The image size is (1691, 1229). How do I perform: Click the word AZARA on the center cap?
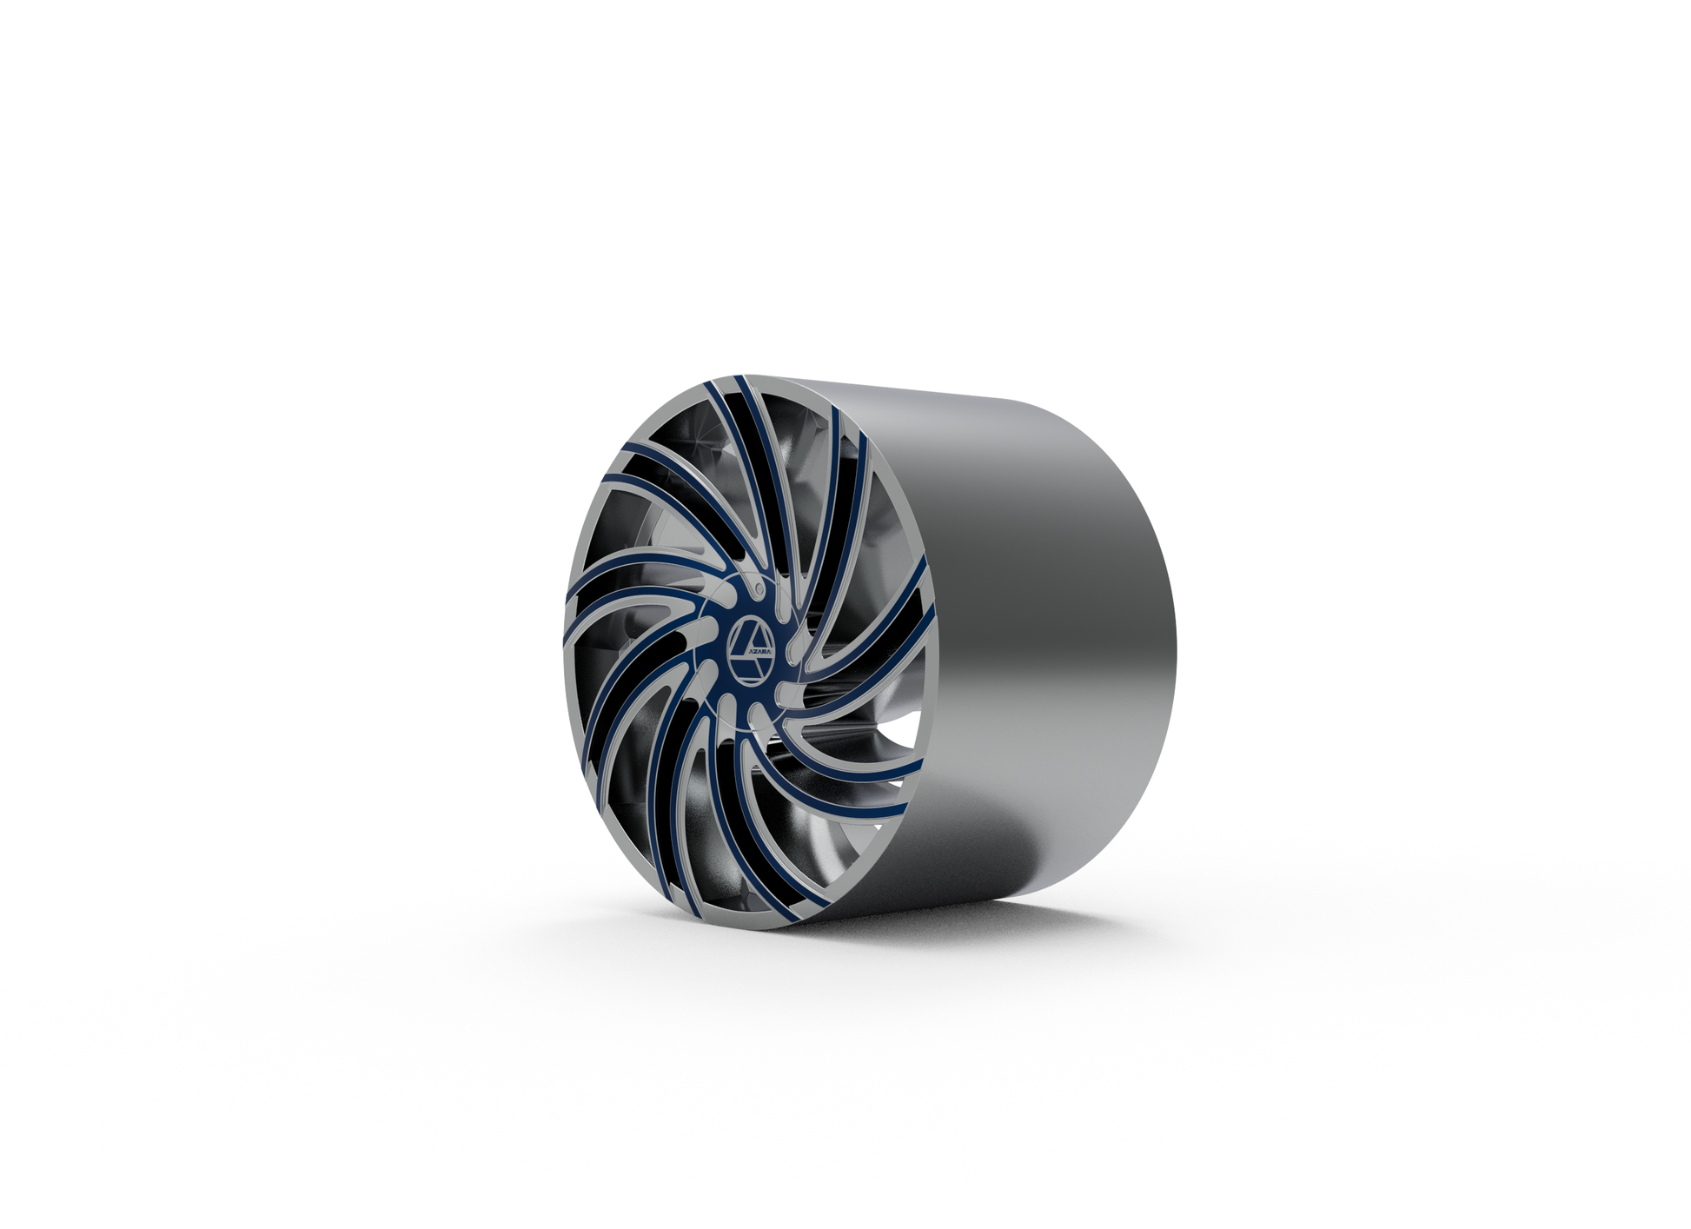tap(759, 652)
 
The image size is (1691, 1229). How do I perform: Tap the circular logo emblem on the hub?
tap(751, 652)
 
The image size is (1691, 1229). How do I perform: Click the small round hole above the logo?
tap(759, 588)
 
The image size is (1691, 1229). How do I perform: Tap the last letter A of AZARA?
tap(769, 652)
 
